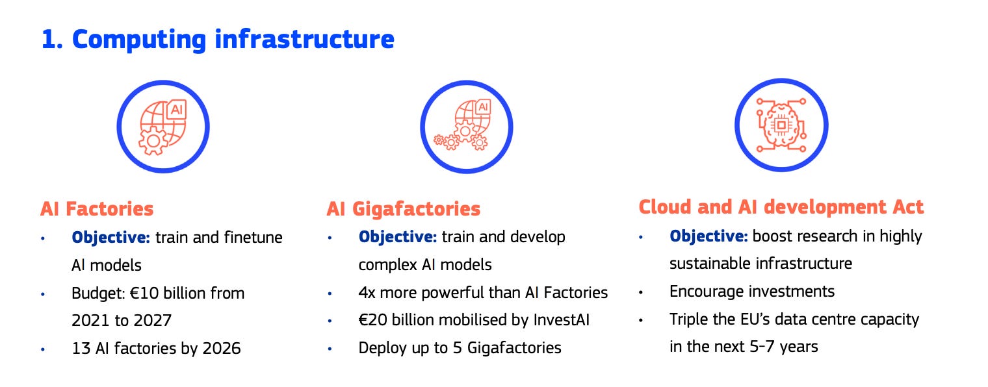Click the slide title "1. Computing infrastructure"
(217, 39)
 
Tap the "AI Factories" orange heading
(97, 208)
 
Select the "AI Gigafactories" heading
(403, 208)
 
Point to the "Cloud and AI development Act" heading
(781, 206)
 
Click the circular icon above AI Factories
(163, 126)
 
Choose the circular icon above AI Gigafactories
(466, 126)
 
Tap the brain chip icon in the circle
(781, 126)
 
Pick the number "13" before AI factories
(81, 348)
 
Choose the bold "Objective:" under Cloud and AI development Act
(708, 236)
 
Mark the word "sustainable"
(710, 263)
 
